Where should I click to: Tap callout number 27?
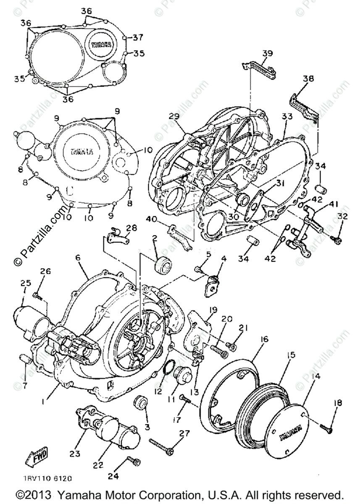184,433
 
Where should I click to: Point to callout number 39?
268,53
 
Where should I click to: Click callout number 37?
139,37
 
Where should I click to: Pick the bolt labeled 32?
337,239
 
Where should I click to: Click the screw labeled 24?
135,461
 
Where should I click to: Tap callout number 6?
78,259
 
